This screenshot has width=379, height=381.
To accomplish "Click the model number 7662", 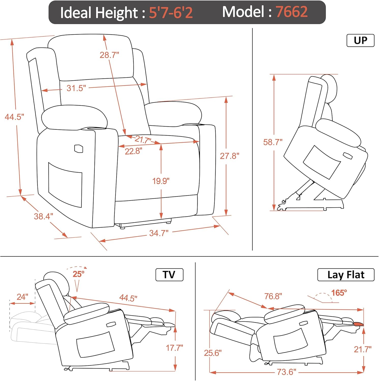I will point(292,12).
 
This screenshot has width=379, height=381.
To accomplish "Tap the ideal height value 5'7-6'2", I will point(171,12).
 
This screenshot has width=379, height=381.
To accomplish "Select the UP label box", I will point(360,40).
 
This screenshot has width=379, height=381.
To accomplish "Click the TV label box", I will point(169,275).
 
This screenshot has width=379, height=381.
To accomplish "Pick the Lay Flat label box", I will point(346,275).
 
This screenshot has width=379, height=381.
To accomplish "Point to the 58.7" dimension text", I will point(273,142).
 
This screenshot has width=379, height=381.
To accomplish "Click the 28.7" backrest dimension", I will point(109,55).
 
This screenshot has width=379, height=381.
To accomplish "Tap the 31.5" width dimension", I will point(76,88).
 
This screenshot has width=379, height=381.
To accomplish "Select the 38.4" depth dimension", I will point(43,216).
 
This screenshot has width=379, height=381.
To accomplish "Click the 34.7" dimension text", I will point(159,233).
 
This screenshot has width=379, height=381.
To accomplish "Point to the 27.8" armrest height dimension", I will point(230,156).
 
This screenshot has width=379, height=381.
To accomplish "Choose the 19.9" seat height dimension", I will point(161,181).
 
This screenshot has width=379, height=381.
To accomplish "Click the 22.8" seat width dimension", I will point(133,151).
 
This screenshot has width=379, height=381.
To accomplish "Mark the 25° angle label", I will point(78,274).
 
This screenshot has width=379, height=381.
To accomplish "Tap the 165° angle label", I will point(339,293).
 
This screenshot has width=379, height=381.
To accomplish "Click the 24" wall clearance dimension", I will point(22,297).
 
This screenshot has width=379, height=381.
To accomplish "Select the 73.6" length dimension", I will point(286,372).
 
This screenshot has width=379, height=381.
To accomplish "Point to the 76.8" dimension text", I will point(273,296).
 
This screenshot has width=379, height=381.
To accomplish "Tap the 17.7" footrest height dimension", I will point(174,348).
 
